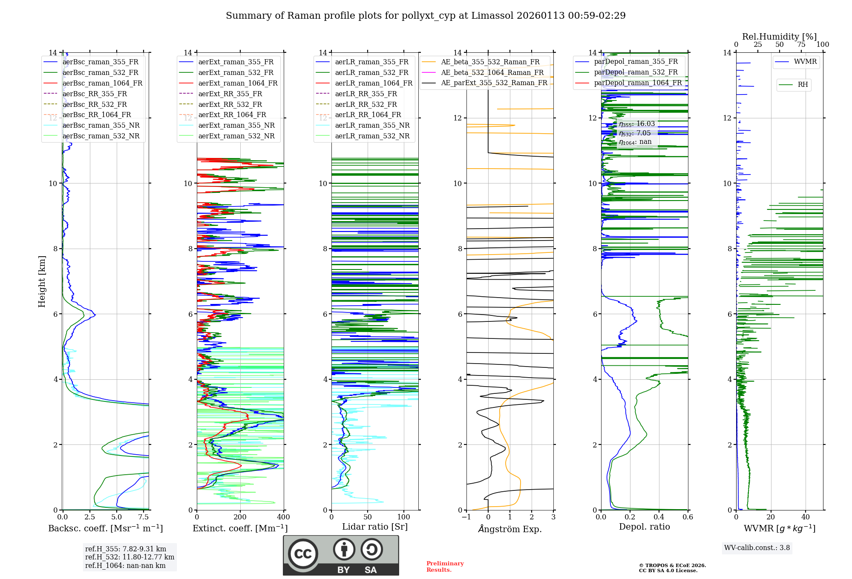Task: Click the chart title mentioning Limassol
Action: coord(426,16)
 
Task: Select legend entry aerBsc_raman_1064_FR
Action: coord(102,83)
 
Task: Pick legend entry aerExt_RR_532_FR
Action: coord(230,105)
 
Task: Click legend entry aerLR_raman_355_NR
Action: coord(372,126)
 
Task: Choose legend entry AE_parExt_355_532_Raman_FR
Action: coord(494,83)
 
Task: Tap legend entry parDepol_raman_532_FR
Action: coord(636,72)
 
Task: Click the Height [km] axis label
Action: coord(42,281)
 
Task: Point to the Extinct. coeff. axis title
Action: coord(240,528)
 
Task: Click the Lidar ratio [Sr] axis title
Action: coord(375,527)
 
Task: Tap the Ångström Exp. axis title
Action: coord(510,529)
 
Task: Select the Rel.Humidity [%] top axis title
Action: coord(779,37)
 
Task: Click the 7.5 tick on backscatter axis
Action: coord(144,517)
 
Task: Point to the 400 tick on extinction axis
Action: coord(283,517)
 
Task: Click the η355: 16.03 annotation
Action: coord(637,124)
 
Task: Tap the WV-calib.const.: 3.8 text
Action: coord(757,548)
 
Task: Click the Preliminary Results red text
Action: coord(445,567)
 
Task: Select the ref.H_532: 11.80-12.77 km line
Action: coord(130,557)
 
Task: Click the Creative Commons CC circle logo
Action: coord(303,554)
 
